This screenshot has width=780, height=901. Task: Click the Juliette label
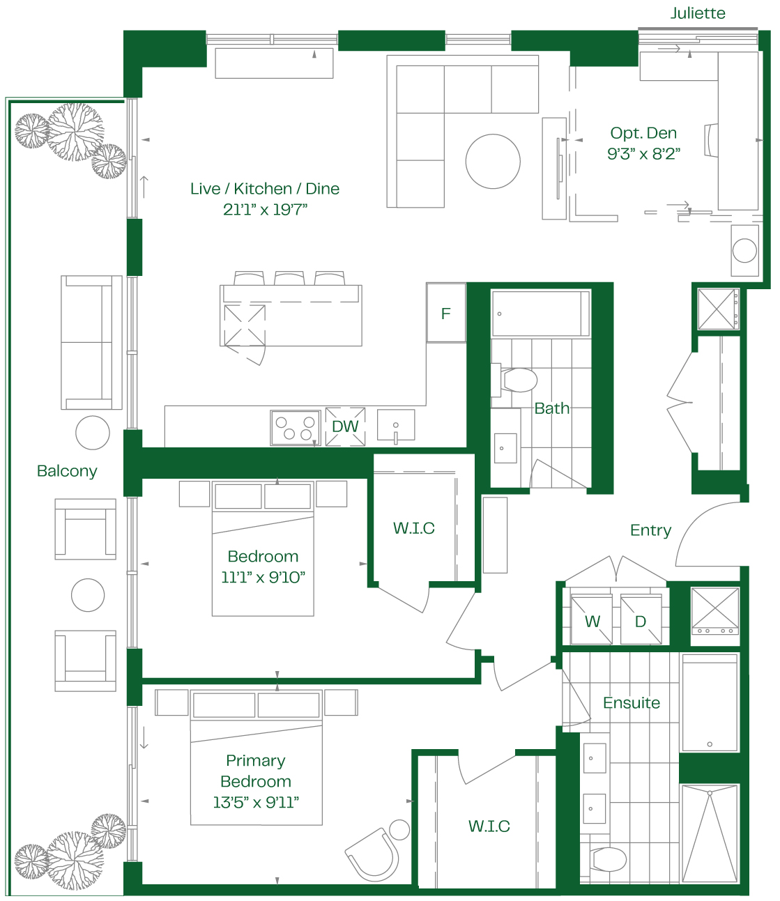point(698,13)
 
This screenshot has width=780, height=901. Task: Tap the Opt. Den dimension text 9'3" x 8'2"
point(643,153)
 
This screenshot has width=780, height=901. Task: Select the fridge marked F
point(446,313)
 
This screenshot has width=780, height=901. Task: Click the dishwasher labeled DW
point(345,426)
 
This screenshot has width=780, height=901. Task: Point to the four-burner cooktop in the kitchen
point(295,428)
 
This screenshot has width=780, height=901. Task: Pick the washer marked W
point(592,619)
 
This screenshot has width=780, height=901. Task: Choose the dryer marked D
point(641,619)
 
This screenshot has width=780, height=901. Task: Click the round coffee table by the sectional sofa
point(493,161)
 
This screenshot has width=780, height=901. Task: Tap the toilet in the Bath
point(514,380)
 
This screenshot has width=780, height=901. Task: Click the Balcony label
point(67,471)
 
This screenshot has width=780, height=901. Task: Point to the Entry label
point(650,530)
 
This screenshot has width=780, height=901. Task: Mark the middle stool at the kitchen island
point(289,278)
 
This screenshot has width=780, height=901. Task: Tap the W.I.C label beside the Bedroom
point(414,528)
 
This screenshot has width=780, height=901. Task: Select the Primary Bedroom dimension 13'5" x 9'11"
point(256,803)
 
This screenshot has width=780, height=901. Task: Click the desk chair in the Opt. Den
point(711,140)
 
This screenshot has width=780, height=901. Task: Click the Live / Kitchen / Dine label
point(265,189)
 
